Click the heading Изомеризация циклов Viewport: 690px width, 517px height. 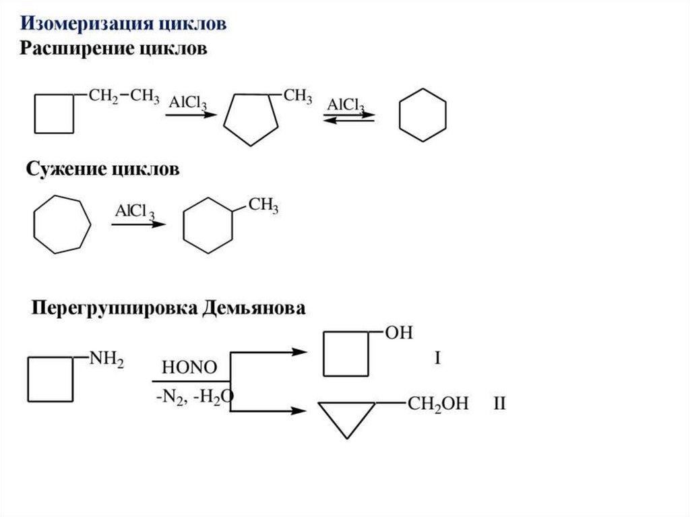click(123, 24)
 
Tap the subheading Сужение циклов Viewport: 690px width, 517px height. click(102, 169)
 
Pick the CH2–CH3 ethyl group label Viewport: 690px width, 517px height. click(124, 96)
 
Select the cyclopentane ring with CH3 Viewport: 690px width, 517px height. click(251, 119)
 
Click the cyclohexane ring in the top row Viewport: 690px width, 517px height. click(422, 115)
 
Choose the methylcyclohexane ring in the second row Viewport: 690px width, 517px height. click(208, 225)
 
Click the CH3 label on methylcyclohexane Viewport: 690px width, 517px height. click(263, 205)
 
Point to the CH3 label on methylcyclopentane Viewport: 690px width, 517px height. click(297, 96)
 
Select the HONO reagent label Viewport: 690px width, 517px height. click(189, 367)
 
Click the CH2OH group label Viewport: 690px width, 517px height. click(437, 404)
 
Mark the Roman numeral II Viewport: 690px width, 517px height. click(499, 404)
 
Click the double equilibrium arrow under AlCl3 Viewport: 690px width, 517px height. click(348, 117)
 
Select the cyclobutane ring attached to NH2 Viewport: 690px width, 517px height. click(50, 379)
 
